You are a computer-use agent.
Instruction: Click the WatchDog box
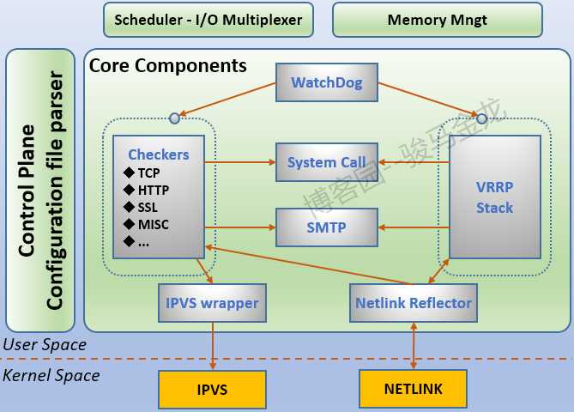click(326, 83)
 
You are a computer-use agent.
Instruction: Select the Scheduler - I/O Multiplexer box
click(208, 20)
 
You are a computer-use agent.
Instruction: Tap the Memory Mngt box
click(437, 20)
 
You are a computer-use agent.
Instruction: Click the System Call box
click(326, 162)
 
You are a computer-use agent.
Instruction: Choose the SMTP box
click(326, 227)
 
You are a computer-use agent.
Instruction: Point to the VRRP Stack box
click(495, 197)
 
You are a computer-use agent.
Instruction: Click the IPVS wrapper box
click(212, 303)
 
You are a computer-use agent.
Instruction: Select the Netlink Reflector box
click(413, 303)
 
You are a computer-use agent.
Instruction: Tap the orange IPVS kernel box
click(212, 389)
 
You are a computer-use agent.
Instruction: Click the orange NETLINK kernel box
click(414, 389)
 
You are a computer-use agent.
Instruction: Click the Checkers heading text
click(159, 154)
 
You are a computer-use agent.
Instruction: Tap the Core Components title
click(168, 65)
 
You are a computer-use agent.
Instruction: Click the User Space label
click(45, 345)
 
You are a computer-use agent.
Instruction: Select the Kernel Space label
click(51, 375)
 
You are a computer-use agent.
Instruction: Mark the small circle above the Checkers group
click(174, 118)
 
